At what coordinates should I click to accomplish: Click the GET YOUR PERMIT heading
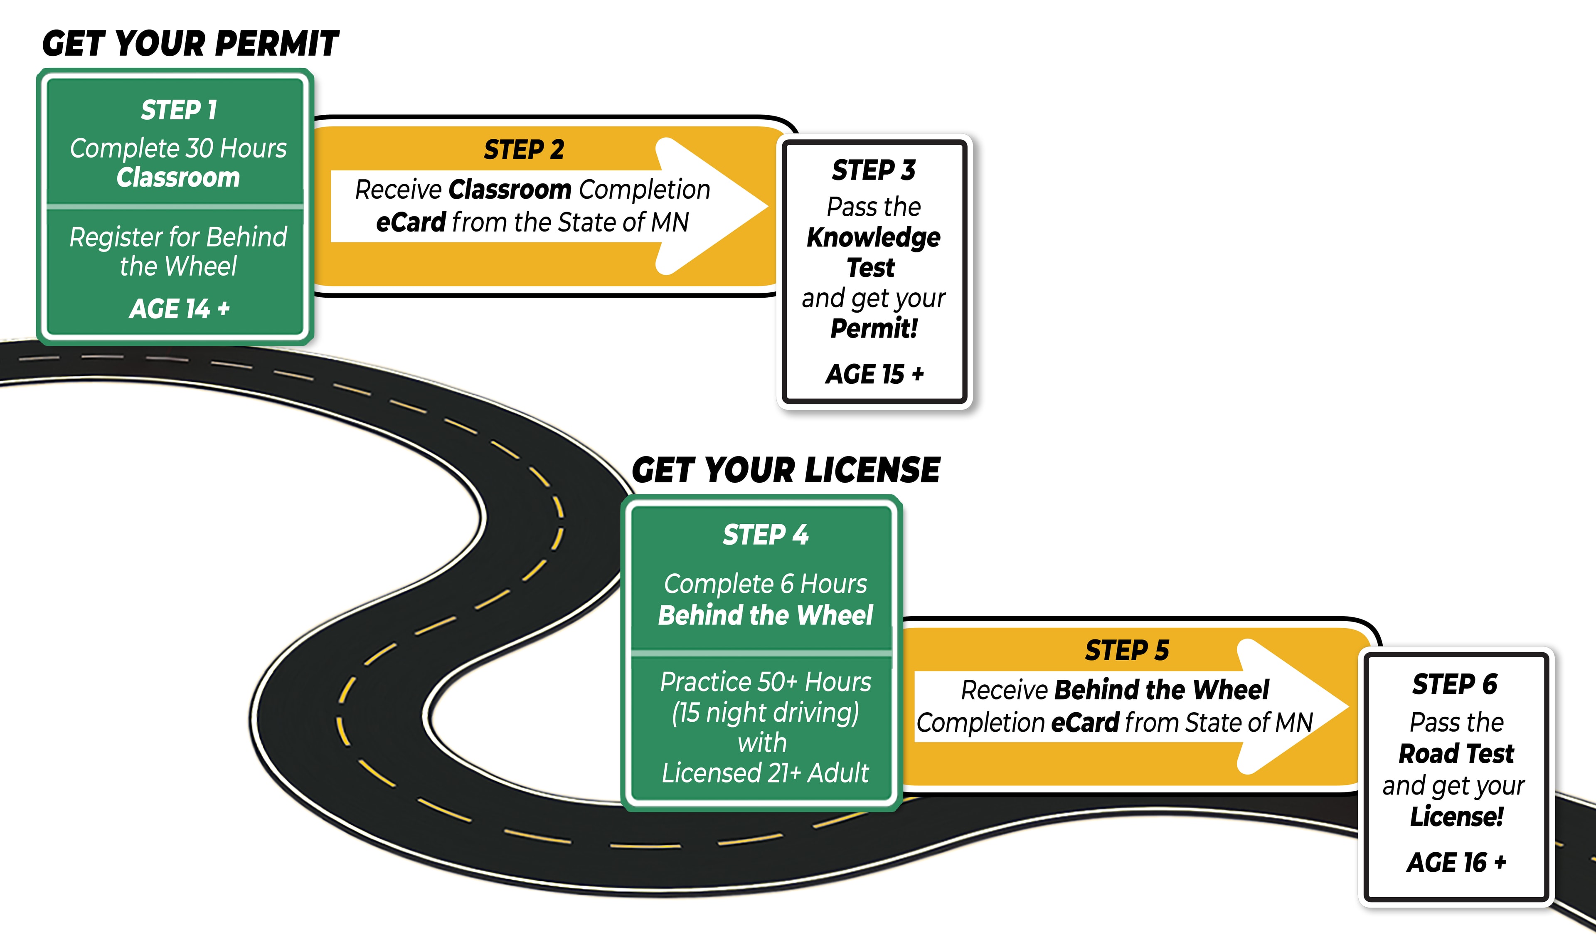tap(190, 44)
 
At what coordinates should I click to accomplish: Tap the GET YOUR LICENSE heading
tap(786, 471)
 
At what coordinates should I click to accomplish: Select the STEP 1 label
tap(179, 110)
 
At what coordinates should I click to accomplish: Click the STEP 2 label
tap(524, 150)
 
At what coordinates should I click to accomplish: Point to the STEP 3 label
tap(873, 170)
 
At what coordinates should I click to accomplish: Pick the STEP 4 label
tap(765, 535)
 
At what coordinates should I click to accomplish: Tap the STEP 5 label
tap(1127, 651)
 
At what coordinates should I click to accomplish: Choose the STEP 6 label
tap(1455, 685)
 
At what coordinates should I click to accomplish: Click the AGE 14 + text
tap(179, 309)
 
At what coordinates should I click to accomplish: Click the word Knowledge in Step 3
tap(873, 237)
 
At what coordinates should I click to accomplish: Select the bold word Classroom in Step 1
tap(179, 178)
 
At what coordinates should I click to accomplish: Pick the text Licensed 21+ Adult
tap(765, 773)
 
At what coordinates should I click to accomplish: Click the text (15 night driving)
tap(765, 713)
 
